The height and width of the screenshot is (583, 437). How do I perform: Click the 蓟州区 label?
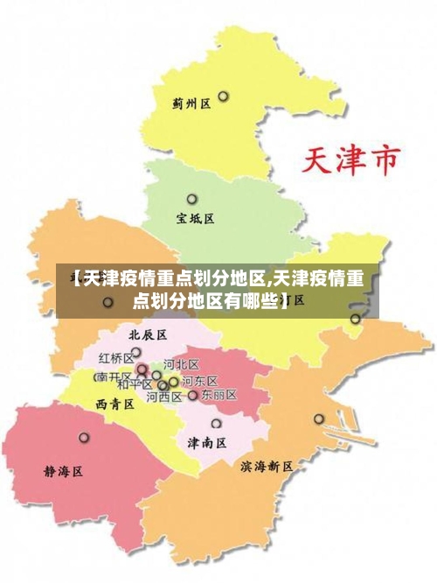tap(191, 103)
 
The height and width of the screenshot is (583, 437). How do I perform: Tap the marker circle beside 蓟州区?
tap(224, 96)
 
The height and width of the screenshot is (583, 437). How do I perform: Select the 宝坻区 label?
tap(195, 219)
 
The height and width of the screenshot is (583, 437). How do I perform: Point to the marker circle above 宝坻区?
tap(192, 199)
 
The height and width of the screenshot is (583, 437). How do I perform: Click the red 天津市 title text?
tap(351, 160)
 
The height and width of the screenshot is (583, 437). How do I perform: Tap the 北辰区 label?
tap(148, 334)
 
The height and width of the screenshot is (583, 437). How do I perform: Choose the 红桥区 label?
tap(115, 358)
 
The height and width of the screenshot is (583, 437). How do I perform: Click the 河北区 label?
tap(182, 364)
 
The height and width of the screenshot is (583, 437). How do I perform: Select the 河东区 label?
tap(199, 381)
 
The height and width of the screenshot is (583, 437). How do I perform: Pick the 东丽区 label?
tap(218, 395)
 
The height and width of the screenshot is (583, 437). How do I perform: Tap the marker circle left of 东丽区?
tap(193, 396)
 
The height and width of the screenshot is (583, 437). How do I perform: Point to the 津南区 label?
tap(207, 443)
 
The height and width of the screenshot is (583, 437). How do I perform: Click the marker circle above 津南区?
tap(216, 424)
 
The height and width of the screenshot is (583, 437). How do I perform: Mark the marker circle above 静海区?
tap(84, 437)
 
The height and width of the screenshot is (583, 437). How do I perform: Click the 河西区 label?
tap(163, 397)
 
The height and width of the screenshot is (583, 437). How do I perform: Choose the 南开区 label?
tap(113, 377)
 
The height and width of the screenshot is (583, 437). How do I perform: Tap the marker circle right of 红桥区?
tap(136, 353)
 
